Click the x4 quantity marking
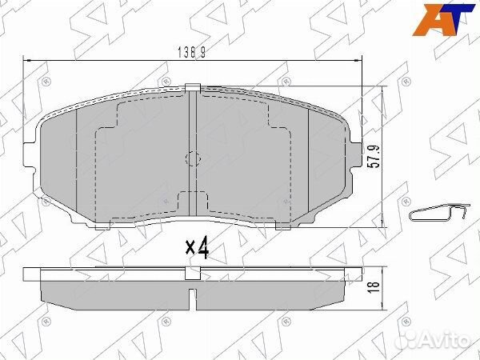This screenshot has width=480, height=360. [197, 250]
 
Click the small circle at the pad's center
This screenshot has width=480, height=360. [192, 158]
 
